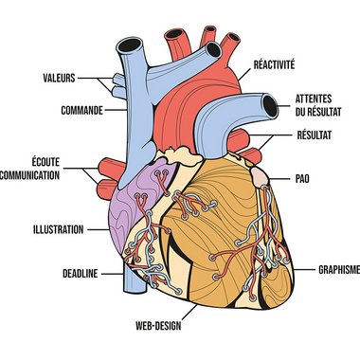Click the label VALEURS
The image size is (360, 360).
[59, 78]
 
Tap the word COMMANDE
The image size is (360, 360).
[82, 110]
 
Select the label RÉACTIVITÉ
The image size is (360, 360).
[274, 64]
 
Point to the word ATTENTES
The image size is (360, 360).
[314, 99]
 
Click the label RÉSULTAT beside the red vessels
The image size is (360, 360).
[315, 135]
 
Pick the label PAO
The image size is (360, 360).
[302, 179]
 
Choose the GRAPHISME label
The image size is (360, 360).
[339, 269]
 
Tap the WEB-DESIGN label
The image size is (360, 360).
[158, 326]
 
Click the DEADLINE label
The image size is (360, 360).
[81, 274]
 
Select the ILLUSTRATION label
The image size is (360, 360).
[59, 229]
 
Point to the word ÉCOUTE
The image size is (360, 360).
[45, 162]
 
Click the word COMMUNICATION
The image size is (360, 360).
[29, 175]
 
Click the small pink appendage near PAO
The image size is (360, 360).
[260, 177]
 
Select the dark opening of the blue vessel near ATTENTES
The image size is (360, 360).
[270, 106]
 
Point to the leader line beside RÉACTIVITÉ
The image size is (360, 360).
[244, 75]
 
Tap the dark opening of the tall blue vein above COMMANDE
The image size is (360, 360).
[130, 45]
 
